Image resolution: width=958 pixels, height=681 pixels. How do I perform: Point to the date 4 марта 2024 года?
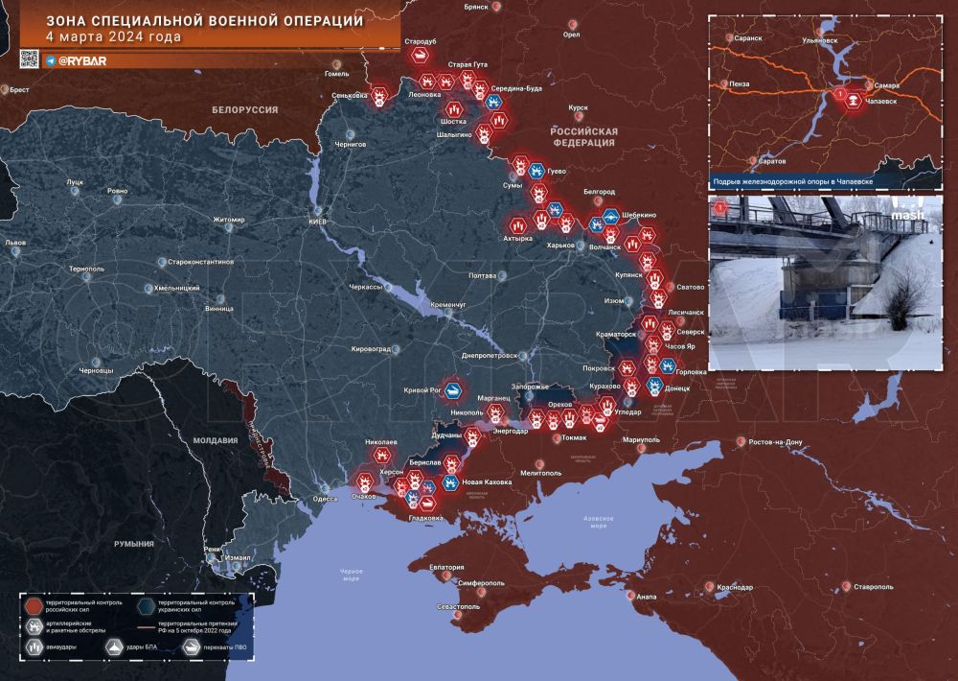pos(114,37)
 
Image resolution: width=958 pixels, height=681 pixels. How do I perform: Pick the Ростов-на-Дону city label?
pos(782,441)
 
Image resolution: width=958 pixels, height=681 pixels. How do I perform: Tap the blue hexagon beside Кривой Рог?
pos(452,391)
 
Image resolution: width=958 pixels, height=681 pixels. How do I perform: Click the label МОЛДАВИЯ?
pos(214,441)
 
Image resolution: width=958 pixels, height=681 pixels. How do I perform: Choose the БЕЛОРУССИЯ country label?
pos(244,110)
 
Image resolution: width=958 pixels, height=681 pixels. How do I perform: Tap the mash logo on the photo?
pos(906,214)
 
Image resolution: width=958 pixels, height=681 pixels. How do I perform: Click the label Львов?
pos(15,244)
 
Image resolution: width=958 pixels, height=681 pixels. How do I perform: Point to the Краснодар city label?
pos(734,587)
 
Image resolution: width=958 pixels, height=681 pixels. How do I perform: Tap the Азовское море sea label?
pos(598,521)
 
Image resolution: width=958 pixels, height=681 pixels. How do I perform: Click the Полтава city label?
pos(481,276)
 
